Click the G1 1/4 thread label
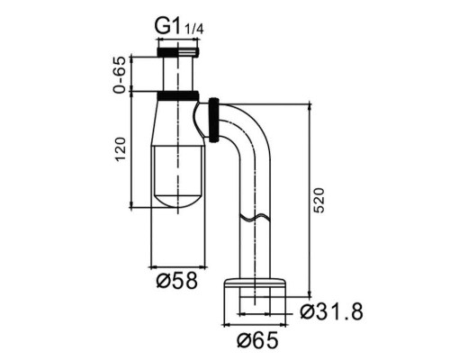(x=179, y=26)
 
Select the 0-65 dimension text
(x=120, y=75)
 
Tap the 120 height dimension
(x=121, y=149)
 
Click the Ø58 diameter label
(x=177, y=281)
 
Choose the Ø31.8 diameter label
(x=331, y=311)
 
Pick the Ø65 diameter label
(x=257, y=340)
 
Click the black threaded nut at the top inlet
(x=177, y=51)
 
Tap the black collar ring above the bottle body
(x=177, y=95)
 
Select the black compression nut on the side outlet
(x=214, y=120)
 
